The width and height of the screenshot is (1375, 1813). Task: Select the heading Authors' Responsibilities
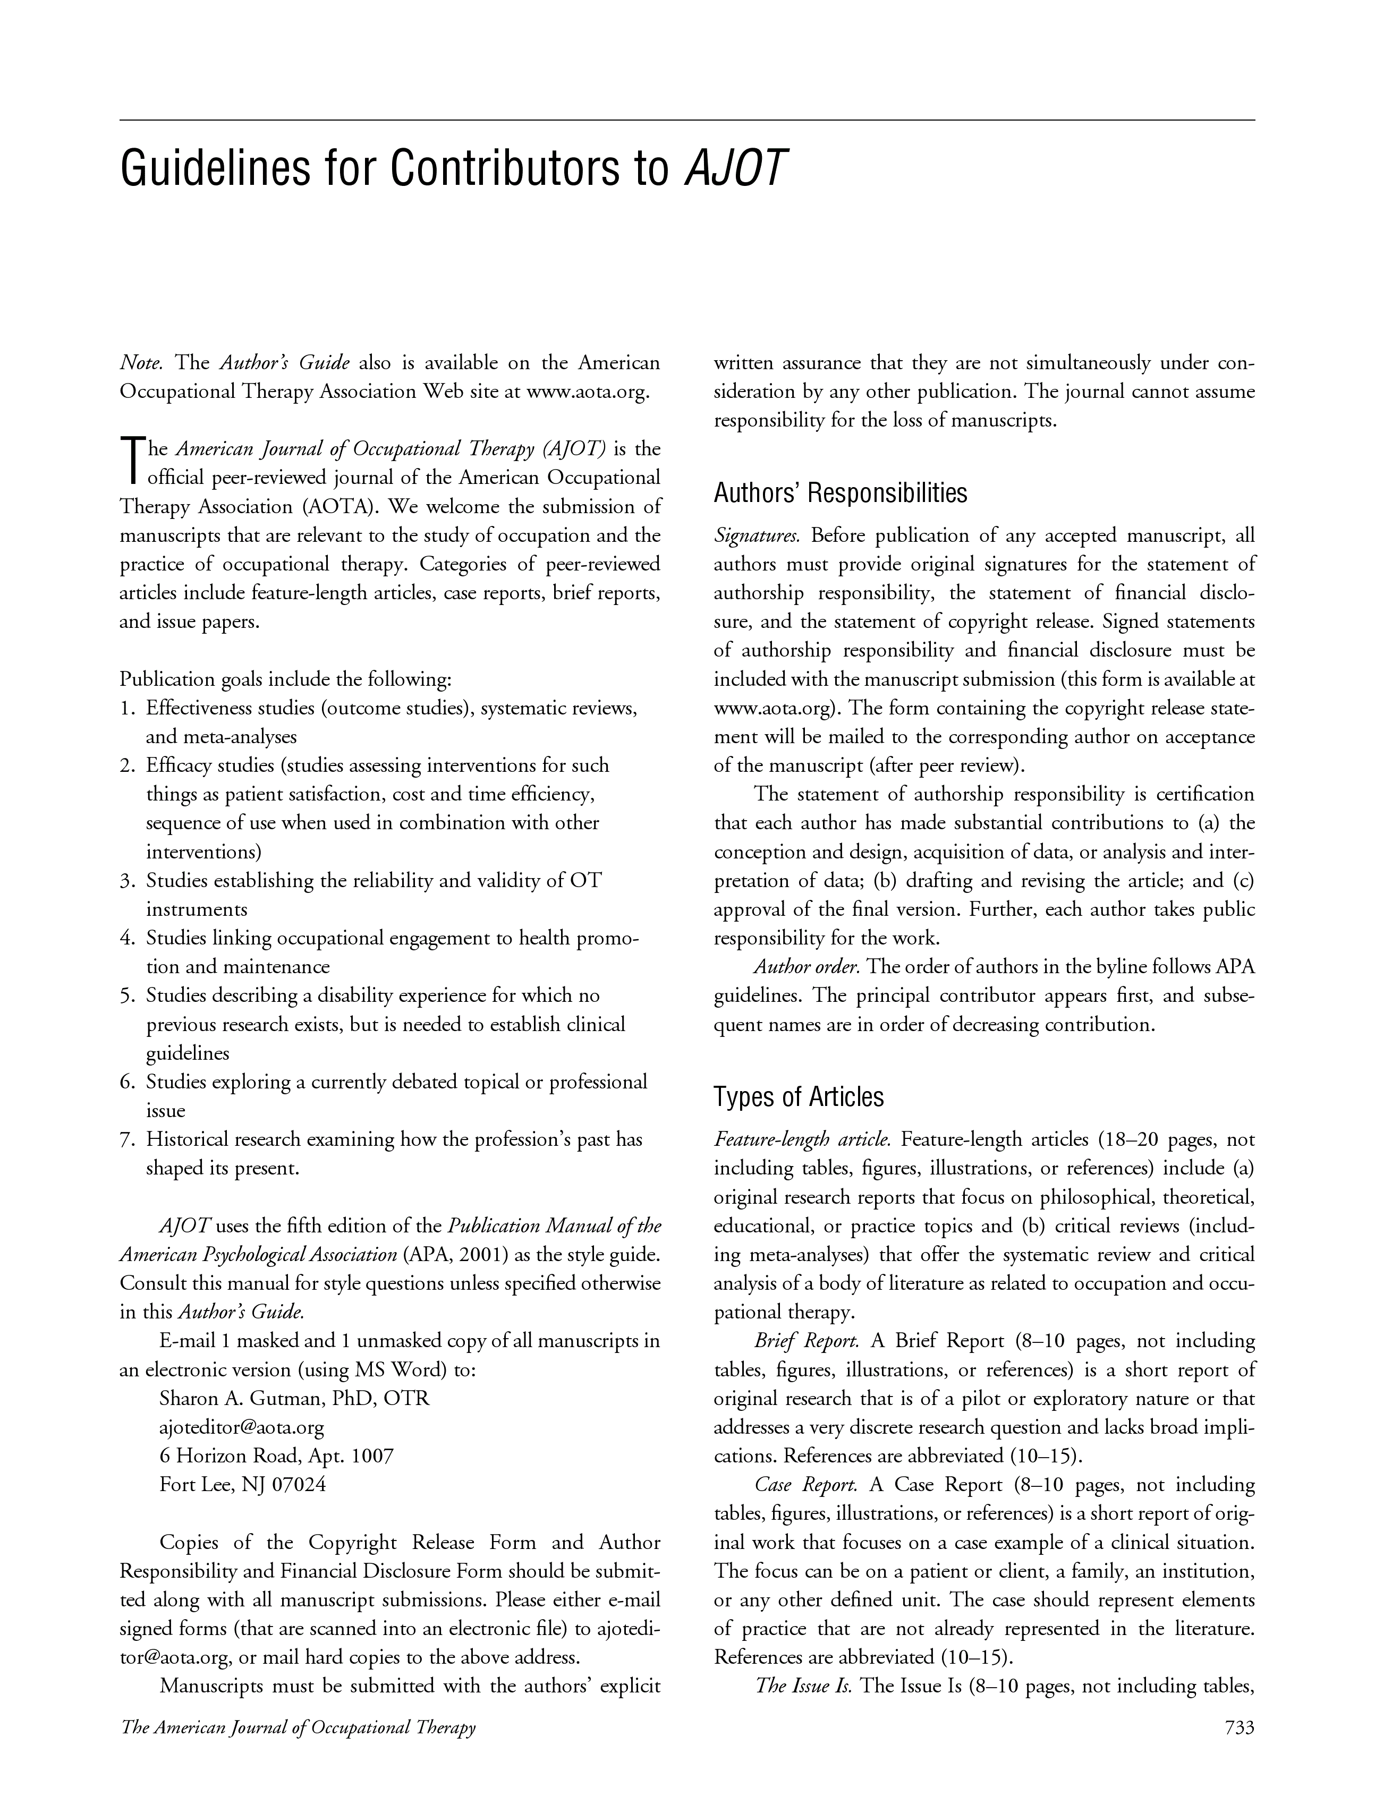(x=841, y=493)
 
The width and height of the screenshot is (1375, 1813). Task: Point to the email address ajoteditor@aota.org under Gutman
(x=242, y=1428)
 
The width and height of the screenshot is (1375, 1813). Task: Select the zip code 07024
(x=303, y=1485)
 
